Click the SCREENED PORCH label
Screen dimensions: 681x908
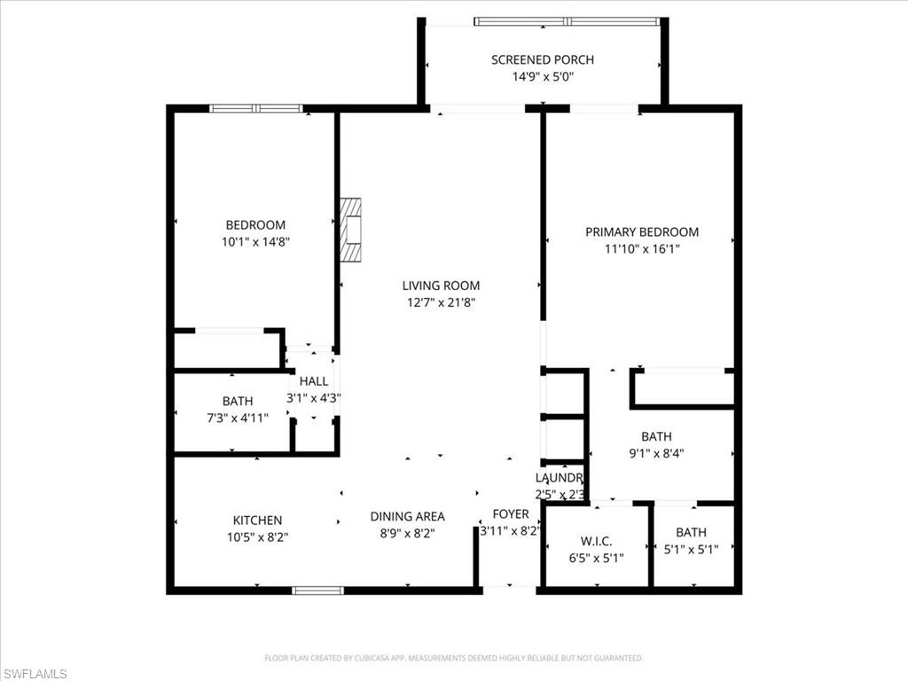(x=543, y=59)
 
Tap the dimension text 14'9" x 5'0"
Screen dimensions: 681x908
(x=543, y=76)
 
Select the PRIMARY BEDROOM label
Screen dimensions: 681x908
(x=641, y=231)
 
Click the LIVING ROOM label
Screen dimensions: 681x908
(x=441, y=286)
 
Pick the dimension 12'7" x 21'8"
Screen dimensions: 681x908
(x=441, y=302)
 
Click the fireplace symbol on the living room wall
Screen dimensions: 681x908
(x=351, y=230)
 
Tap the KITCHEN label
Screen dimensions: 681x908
(x=257, y=521)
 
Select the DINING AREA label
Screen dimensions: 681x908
(x=407, y=516)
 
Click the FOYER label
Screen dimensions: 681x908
(x=511, y=514)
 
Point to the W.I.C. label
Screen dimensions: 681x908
(x=596, y=541)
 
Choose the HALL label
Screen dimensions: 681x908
(x=314, y=381)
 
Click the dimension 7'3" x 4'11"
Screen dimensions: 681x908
(x=238, y=418)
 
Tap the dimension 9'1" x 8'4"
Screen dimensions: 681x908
(x=656, y=452)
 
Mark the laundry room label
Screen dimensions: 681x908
(x=560, y=478)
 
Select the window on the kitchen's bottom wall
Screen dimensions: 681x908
(x=317, y=590)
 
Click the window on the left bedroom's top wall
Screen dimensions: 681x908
(x=256, y=109)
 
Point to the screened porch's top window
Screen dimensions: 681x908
(x=567, y=21)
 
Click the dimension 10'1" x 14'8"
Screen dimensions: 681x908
(x=255, y=241)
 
